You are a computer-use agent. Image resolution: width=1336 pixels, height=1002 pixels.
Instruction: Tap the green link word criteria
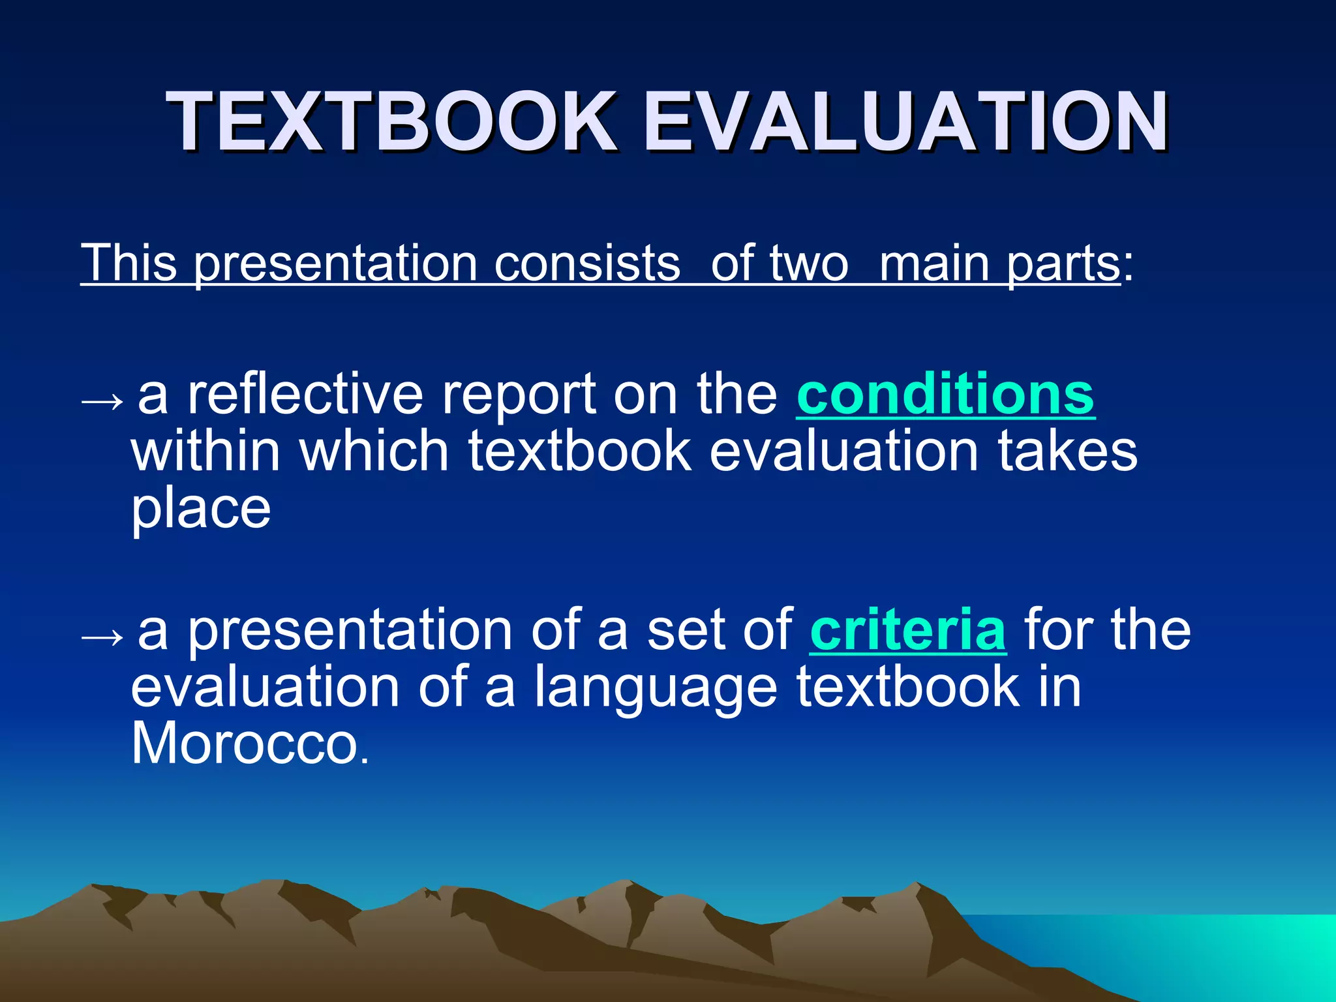907,630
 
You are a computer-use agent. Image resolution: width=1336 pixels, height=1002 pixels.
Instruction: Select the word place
201,509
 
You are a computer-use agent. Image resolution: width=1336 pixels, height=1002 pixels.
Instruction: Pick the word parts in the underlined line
1063,264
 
